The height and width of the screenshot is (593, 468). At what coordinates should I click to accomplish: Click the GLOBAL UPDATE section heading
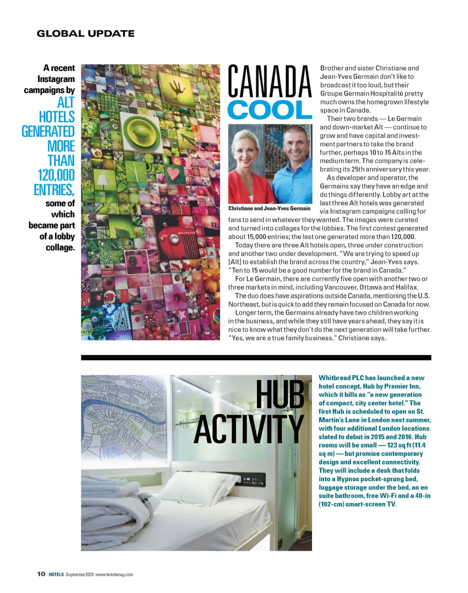[x=86, y=34]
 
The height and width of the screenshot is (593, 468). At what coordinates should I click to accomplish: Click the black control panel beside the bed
[x=254, y=481]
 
